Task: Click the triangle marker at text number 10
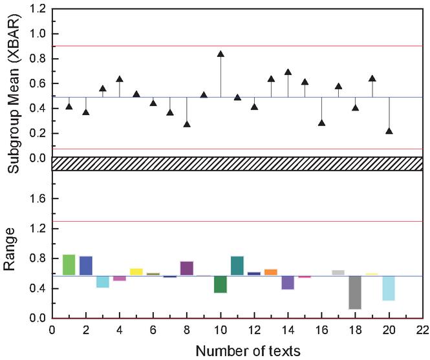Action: (220, 54)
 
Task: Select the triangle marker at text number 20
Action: (389, 131)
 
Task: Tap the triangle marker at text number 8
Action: (187, 124)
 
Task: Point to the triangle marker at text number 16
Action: (321, 123)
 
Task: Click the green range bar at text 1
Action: (69, 265)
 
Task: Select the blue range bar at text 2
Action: (86, 266)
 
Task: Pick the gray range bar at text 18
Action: (354, 292)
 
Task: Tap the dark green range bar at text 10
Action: (220, 284)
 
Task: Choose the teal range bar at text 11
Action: (237, 266)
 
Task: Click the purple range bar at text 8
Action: (187, 268)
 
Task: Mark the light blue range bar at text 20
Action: (389, 288)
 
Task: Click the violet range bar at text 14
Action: (288, 282)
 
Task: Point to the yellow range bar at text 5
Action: (136, 272)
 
